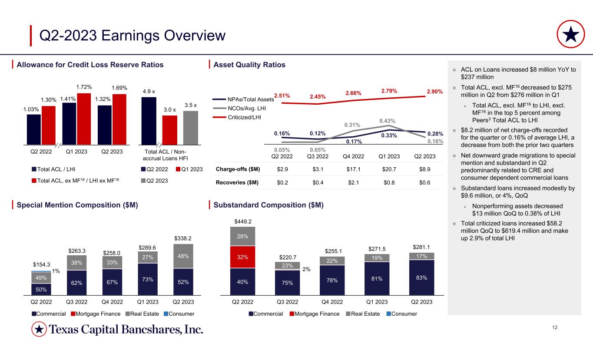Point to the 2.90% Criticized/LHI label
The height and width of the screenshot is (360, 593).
point(434,92)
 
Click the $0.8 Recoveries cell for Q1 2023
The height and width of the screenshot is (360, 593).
point(389,183)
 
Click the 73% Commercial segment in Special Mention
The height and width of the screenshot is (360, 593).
point(148,279)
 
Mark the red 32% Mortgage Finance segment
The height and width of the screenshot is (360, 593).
point(242,257)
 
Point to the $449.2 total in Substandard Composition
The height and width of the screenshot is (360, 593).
point(242,221)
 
